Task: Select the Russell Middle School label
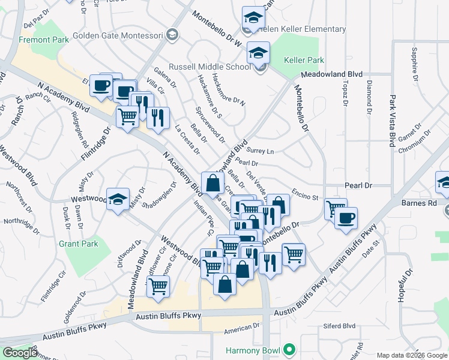[x=209, y=67]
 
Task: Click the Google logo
[x=20, y=352]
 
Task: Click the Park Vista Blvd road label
[x=393, y=121]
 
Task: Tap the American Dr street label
[x=241, y=331]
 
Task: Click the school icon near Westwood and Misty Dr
[x=118, y=200]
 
